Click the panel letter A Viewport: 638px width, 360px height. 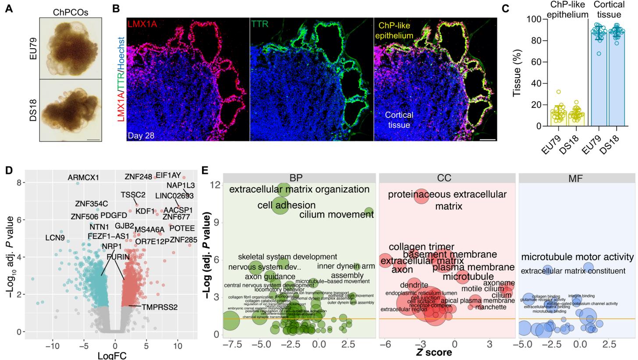pos(9,8)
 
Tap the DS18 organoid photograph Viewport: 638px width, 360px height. pos(70,109)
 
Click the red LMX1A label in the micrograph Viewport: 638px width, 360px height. pos(142,24)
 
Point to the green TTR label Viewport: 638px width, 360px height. pos(260,24)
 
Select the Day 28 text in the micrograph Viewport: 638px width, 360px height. pos(141,135)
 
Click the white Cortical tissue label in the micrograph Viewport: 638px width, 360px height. pos(399,120)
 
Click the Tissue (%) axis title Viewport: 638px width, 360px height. pos(517,73)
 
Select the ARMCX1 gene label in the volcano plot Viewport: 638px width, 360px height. pos(83,177)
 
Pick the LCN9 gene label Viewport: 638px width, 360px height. pos(55,238)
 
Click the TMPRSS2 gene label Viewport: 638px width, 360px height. pos(159,307)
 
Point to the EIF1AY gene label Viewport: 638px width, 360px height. pos(168,176)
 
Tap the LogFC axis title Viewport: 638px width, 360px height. pos(112,355)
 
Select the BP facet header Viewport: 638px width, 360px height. pos(299,178)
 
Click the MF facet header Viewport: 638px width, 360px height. pos(577,178)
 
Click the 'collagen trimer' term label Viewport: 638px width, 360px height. pos(421,247)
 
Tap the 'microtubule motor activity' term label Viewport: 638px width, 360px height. pos(577,257)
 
